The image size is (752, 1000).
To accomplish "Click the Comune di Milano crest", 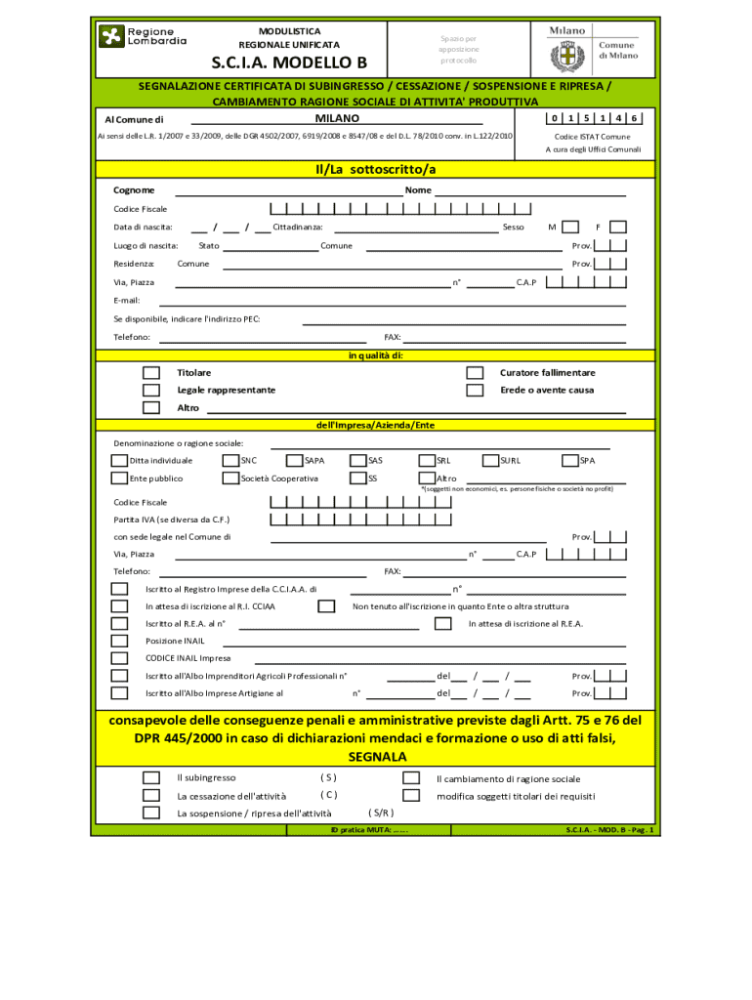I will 566,57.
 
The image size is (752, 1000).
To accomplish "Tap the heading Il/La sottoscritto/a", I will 375,170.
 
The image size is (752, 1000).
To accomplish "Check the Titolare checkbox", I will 151,373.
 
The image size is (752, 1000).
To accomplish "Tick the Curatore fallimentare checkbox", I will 475,373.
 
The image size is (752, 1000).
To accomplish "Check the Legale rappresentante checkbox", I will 151,390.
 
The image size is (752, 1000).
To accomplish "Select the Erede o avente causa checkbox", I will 475,390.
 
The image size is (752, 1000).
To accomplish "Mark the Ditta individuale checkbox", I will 119,460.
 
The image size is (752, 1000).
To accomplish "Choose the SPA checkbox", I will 569,460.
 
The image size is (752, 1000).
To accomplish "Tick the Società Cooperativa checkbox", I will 230,479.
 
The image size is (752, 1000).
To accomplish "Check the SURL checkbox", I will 490,460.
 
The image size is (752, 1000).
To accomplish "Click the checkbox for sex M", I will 570,227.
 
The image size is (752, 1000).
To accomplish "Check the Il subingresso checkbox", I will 151,778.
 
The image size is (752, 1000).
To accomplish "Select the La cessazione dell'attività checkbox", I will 151,796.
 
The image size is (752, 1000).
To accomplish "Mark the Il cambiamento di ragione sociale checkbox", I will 412,778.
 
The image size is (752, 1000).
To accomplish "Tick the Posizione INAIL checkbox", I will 119,641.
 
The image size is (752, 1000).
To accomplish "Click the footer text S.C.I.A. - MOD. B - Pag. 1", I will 610,830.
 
